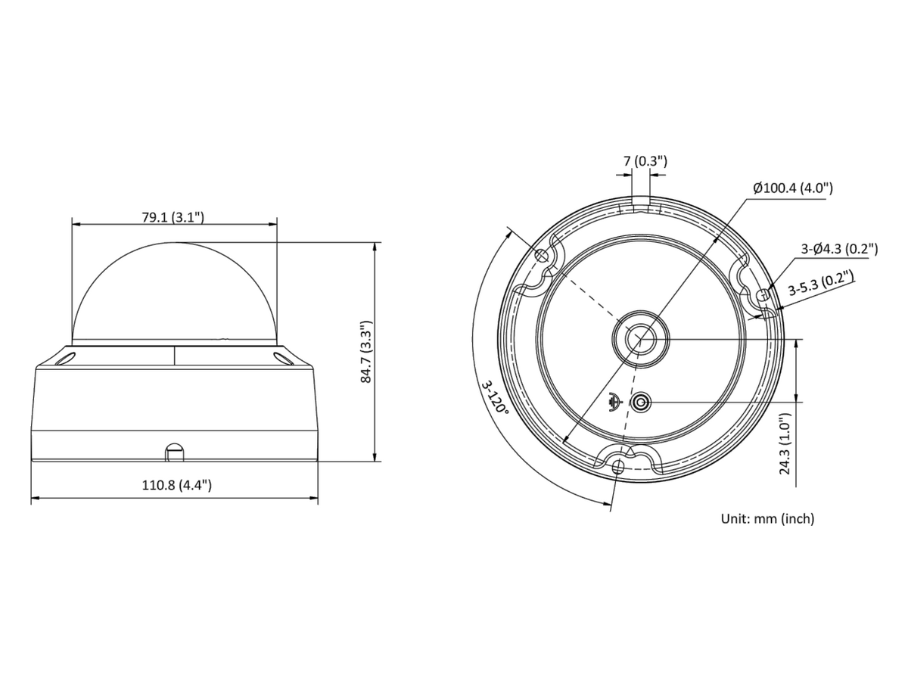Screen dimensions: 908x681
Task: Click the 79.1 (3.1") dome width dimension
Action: click(173, 217)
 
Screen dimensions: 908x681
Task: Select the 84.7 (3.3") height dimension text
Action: click(366, 351)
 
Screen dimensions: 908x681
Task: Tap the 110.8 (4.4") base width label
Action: click(176, 484)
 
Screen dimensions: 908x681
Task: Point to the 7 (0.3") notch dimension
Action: click(645, 161)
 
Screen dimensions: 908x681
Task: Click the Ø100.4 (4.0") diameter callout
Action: click(792, 188)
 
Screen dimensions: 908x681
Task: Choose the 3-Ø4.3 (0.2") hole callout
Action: click(839, 249)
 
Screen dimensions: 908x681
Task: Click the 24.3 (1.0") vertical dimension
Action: click(785, 443)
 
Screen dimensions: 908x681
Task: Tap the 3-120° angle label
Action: click(494, 397)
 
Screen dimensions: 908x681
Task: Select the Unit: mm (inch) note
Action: click(767, 518)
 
